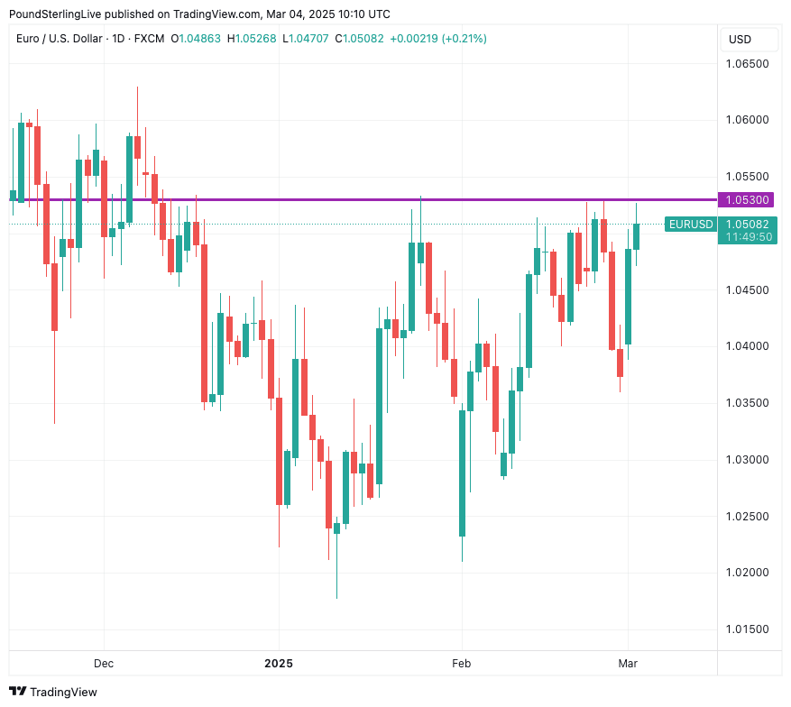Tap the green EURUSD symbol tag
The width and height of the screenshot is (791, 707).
click(x=690, y=225)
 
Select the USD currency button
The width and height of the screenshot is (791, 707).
click(x=740, y=40)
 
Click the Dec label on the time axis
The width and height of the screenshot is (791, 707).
click(x=104, y=664)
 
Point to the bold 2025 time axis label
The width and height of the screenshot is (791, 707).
click(x=279, y=664)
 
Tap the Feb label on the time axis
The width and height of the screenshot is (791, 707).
click(x=462, y=664)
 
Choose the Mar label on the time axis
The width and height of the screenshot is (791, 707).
click(x=628, y=664)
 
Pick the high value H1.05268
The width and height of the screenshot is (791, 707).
click(x=253, y=39)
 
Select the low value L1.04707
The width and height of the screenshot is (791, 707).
click(x=307, y=39)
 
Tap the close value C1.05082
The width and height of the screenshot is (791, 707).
click(x=359, y=39)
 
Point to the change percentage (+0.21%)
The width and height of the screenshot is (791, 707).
click(x=462, y=39)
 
